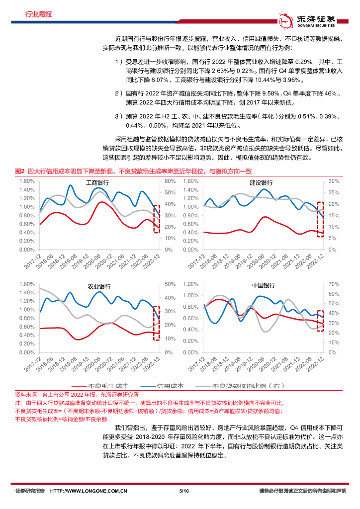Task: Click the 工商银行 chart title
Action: click(x=98, y=182)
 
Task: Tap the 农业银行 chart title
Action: click(x=99, y=287)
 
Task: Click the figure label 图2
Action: click(x=20, y=171)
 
